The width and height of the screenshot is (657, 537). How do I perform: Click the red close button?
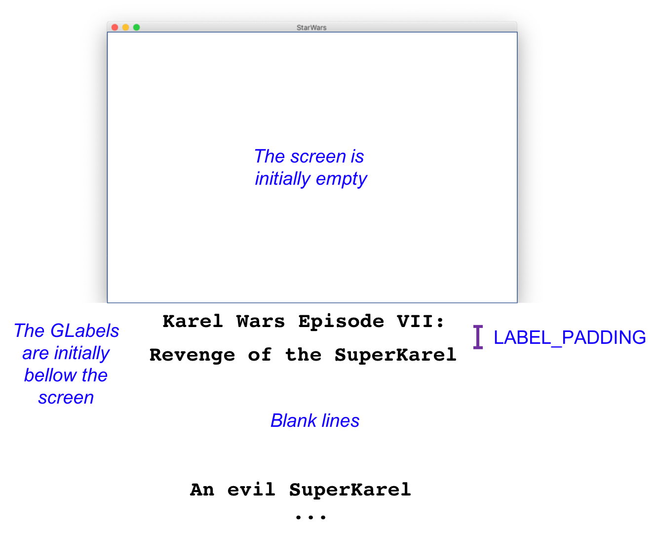[x=115, y=28]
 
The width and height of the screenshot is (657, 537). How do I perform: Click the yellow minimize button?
[x=125, y=28]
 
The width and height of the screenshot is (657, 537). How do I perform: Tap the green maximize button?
[x=136, y=28]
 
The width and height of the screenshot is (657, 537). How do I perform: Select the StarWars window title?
[x=311, y=28]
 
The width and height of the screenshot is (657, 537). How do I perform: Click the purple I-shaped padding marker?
[x=477, y=337]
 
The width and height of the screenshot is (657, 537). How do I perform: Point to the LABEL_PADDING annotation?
[x=570, y=337]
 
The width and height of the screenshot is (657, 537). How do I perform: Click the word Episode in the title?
[x=341, y=322]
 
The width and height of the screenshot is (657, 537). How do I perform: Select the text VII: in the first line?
[x=420, y=321]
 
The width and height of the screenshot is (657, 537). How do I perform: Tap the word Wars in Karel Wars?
[x=261, y=321]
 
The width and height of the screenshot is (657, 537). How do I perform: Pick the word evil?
[x=251, y=490]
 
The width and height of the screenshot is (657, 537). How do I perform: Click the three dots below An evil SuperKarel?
[x=310, y=517]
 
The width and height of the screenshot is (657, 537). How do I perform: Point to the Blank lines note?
[x=314, y=420]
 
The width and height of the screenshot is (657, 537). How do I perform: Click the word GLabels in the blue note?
[x=84, y=330]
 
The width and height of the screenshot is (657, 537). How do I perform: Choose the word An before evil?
[x=202, y=490]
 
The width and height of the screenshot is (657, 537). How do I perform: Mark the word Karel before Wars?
[x=193, y=321]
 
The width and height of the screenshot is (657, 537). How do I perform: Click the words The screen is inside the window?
[x=309, y=156]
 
